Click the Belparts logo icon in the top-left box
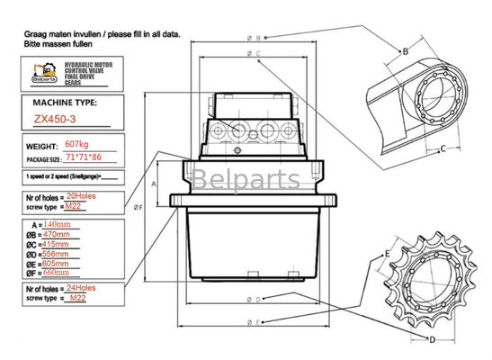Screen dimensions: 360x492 (40, 71)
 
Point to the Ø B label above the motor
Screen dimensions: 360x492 (254, 38)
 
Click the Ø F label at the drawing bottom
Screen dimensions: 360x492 (254, 321)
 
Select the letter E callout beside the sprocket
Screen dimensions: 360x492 (388, 254)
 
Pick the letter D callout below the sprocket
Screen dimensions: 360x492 (432, 339)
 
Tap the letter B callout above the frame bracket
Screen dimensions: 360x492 (406, 51)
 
